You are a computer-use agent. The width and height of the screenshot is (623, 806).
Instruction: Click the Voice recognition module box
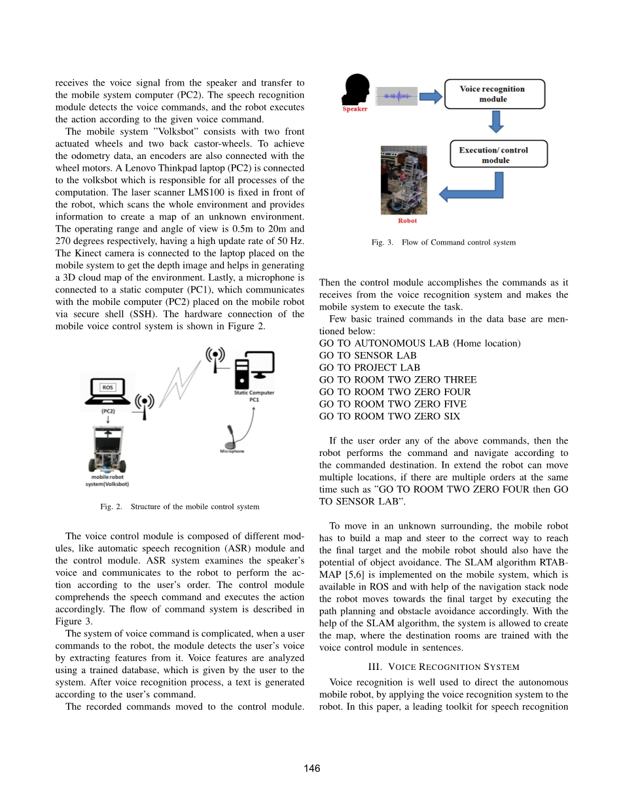tap(494, 94)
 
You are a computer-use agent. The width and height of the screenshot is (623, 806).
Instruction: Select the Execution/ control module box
tap(499, 154)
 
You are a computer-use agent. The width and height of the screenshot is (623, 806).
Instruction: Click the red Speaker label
tap(355, 109)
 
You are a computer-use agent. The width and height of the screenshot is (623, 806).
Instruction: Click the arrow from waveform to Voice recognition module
tap(430, 97)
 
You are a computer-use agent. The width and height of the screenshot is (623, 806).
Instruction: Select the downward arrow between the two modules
tap(497, 122)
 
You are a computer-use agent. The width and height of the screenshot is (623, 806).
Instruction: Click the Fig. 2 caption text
tap(179, 506)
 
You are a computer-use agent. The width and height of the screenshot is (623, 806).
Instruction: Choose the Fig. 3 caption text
tap(443, 242)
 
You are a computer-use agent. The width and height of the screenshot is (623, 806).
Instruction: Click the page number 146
tap(311, 768)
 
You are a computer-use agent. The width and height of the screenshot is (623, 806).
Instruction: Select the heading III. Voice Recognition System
tap(444, 667)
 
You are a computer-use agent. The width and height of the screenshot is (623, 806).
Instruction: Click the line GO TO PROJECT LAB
tap(369, 368)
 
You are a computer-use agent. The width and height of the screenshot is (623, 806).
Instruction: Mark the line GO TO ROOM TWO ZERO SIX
tap(389, 416)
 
